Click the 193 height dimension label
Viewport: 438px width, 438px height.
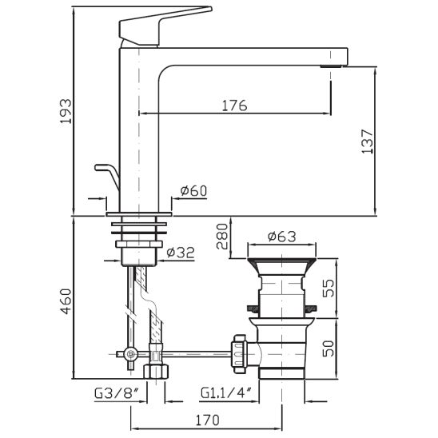click(x=66, y=111)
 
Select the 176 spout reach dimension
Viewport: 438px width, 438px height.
click(x=235, y=106)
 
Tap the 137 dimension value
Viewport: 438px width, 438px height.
click(x=367, y=141)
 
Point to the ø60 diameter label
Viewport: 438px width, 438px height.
click(x=193, y=190)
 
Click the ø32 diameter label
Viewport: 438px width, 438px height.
click(x=181, y=253)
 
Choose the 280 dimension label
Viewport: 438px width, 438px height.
click(x=223, y=237)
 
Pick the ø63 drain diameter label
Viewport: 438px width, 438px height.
click(x=281, y=237)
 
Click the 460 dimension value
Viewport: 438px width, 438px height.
click(x=66, y=301)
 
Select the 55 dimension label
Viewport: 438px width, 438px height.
click(x=328, y=289)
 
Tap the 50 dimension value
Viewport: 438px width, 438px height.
click(x=328, y=348)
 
